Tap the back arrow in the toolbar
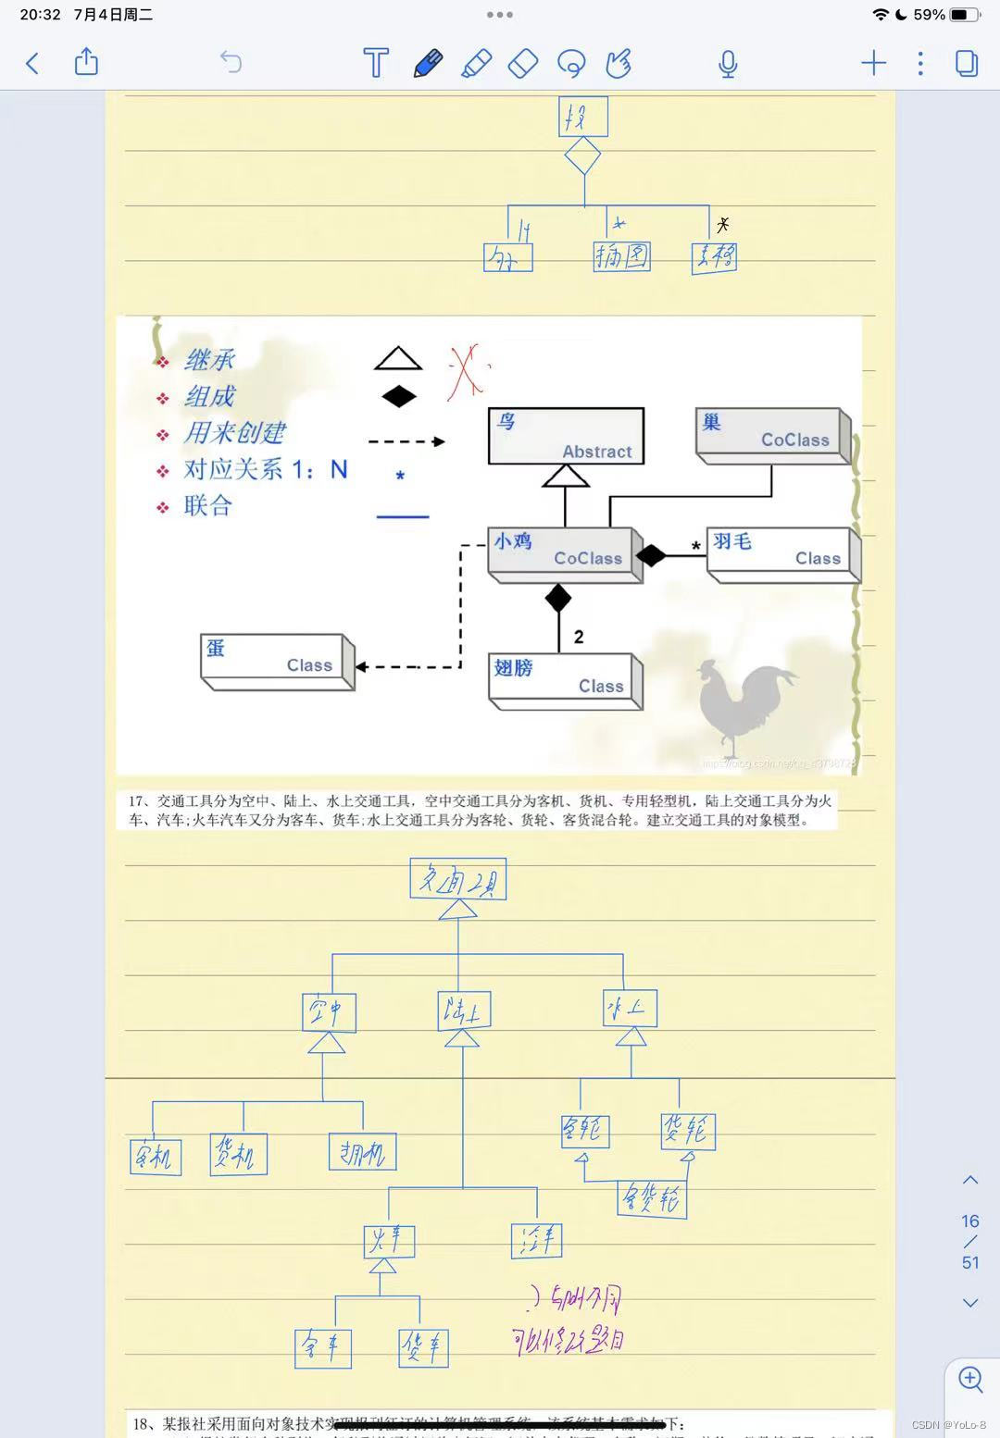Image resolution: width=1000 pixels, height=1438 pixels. [32, 64]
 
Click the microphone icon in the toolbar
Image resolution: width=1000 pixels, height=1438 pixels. [728, 64]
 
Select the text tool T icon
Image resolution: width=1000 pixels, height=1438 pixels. [376, 63]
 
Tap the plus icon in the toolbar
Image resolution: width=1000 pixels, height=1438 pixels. [873, 63]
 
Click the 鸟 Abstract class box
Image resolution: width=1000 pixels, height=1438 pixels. [566, 436]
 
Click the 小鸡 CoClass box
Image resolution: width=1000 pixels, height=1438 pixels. [563, 552]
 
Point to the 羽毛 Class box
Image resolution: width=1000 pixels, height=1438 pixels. [782, 552]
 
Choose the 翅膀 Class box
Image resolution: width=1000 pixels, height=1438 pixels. [564, 679]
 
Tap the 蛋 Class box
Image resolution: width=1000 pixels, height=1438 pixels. [275, 659]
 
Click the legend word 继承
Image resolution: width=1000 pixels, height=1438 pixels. [209, 359]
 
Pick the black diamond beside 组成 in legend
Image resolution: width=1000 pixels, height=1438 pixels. [399, 397]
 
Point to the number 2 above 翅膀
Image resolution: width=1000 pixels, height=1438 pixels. [579, 637]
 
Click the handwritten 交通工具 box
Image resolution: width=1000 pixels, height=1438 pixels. [458, 879]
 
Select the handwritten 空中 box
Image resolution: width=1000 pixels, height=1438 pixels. [329, 1012]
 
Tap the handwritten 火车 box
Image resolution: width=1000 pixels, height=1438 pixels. [389, 1241]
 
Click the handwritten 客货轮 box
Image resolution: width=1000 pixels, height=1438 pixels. [653, 1199]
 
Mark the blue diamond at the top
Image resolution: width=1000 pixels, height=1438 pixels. [582, 155]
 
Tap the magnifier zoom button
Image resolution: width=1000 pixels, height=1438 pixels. [970, 1380]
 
